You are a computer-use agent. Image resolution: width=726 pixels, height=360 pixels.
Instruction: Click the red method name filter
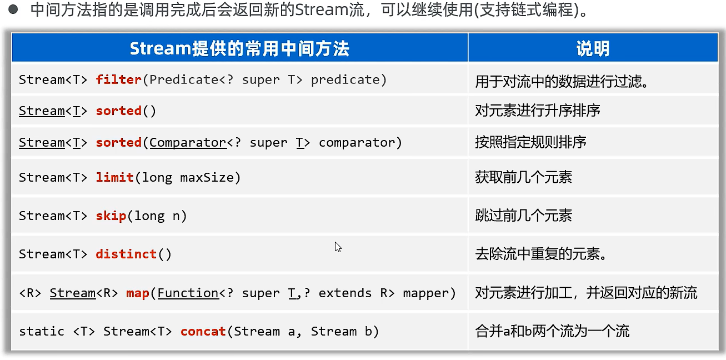[118, 79]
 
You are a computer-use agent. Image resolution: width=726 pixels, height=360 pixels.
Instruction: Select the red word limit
[114, 177]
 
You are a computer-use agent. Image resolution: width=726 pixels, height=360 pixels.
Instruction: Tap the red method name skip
[111, 216]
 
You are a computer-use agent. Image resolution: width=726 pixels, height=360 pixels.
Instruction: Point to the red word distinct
[126, 254]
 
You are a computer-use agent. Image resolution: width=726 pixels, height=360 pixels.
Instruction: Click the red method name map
[137, 293]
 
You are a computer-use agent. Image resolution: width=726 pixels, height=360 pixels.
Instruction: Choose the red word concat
[203, 331]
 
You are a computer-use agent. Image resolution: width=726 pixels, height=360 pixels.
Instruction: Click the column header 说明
[593, 49]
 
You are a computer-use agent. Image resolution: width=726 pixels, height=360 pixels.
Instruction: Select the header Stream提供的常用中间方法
[239, 49]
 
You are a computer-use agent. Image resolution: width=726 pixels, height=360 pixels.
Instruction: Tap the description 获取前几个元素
[523, 177]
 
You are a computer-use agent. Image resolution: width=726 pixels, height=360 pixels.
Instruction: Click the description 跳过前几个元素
[523, 216]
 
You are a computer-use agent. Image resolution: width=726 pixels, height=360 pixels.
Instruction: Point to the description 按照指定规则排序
[530, 142]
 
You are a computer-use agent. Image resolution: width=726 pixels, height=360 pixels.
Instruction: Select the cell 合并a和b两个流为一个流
[552, 331]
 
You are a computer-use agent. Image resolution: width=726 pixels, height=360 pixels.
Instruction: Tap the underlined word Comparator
[188, 142]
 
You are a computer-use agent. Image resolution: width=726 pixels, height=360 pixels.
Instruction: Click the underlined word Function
[188, 293]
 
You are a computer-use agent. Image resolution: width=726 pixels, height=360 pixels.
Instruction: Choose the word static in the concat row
[42, 331]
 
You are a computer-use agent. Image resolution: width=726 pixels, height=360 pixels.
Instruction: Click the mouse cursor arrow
[337, 246]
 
